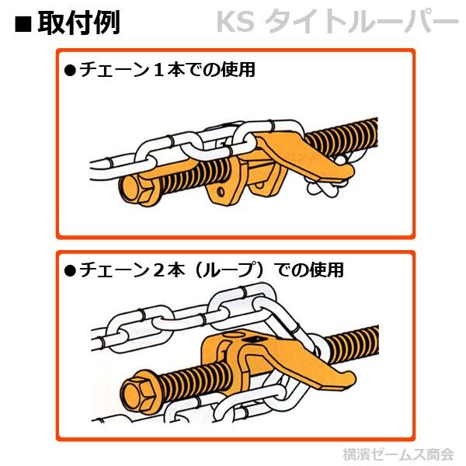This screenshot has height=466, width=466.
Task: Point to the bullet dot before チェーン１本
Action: point(68,71)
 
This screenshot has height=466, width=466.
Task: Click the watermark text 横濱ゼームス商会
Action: point(398,454)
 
